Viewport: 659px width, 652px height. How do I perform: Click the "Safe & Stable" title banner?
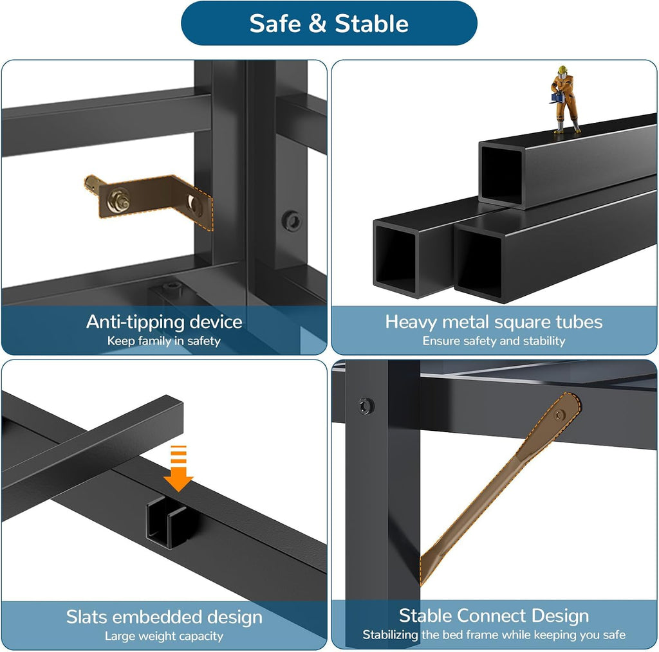[329, 23]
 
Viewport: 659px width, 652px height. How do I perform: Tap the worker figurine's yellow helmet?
[562, 69]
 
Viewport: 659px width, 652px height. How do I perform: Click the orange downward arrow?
[178, 468]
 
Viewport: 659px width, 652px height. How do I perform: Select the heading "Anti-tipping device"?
[164, 322]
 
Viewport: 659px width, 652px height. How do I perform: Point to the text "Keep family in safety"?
[164, 341]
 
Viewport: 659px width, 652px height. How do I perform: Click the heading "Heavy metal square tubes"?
[494, 322]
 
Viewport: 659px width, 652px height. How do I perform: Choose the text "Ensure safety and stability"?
[494, 341]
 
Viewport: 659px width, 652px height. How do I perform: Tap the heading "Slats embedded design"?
[164, 617]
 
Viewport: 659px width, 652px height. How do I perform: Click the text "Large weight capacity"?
[164, 636]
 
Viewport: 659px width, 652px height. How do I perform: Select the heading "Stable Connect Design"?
[494, 616]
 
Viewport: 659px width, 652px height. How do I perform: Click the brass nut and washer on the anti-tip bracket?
[119, 200]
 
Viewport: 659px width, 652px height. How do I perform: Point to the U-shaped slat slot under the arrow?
[167, 523]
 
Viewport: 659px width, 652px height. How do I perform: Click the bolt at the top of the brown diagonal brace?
[559, 415]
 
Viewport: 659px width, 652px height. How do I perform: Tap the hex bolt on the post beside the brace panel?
[366, 406]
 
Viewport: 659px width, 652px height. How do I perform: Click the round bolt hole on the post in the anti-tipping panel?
[292, 221]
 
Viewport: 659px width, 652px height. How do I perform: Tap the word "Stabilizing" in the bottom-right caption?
[391, 635]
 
